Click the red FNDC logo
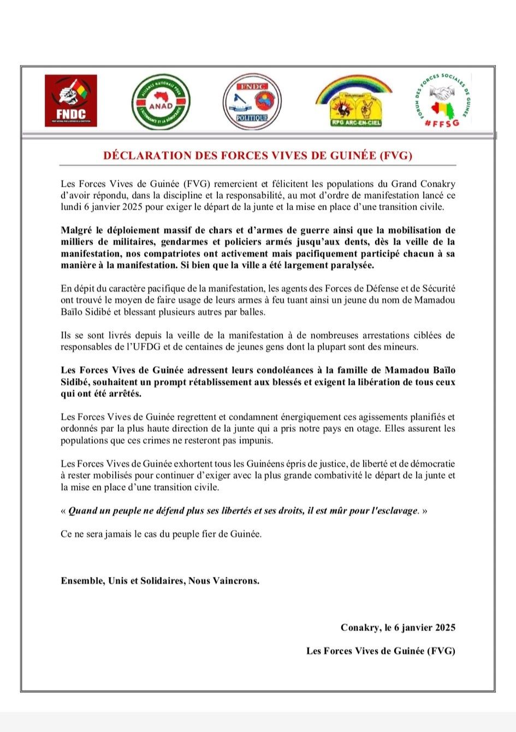point(70,101)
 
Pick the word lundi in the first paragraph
point(72,207)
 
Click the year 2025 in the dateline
point(442,627)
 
